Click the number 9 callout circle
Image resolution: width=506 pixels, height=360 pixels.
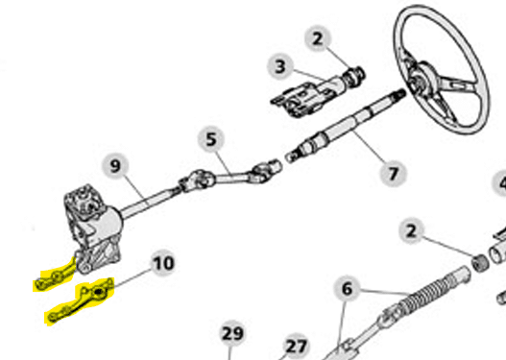(x=115, y=166)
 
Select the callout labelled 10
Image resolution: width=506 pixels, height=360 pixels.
(x=163, y=263)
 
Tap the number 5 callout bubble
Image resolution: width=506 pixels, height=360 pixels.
(x=210, y=139)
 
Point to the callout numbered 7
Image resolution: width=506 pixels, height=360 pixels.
(x=393, y=174)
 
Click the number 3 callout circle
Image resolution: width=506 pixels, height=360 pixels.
(x=280, y=66)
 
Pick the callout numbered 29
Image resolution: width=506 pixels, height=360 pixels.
(x=232, y=333)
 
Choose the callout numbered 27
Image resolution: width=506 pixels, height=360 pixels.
(x=296, y=347)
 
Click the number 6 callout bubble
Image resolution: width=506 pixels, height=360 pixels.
(x=347, y=289)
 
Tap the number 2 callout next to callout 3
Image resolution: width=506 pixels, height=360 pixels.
(x=318, y=38)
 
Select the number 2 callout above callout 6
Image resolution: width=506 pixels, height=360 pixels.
(x=411, y=231)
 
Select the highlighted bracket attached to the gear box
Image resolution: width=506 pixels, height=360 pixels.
(x=56, y=277)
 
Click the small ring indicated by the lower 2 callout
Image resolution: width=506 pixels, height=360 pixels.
(x=480, y=262)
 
